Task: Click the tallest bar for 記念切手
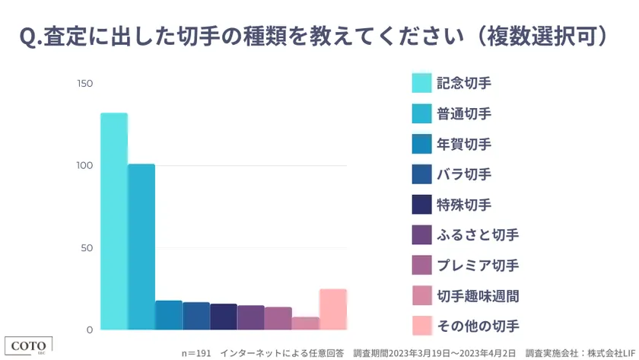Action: pyautogui.click(x=114, y=221)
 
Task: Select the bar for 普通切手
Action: pyautogui.click(x=141, y=247)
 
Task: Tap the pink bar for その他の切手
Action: pyautogui.click(x=333, y=310)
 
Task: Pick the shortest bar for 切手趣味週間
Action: pyautogui.click(x=306, y=323)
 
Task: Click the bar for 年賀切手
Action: pyautogui.click(x=169, y=315)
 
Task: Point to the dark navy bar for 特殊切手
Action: pyautogui.click(x=224, y=317)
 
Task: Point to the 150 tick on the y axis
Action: pyautogui.click(x=84, y=83)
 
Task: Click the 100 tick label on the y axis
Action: pyautogui.click(x=84, y=165)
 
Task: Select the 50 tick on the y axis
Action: pyautogui.click(x=87, y=248)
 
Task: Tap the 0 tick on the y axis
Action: pyautogui.click(x=89, y=330)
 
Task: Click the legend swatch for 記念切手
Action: pyautogui.click(x=421, y=83)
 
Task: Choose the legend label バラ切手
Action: pyautogui.click(x=464, y=174)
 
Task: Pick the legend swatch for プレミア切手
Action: pyautogui.click(x=421, y=266)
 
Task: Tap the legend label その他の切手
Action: pyautogui.click(x=478, y=327)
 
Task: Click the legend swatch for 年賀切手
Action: pyautogui.click(x=421, y=144)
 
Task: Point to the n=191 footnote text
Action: pyautogui.click(x=196, y=353)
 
